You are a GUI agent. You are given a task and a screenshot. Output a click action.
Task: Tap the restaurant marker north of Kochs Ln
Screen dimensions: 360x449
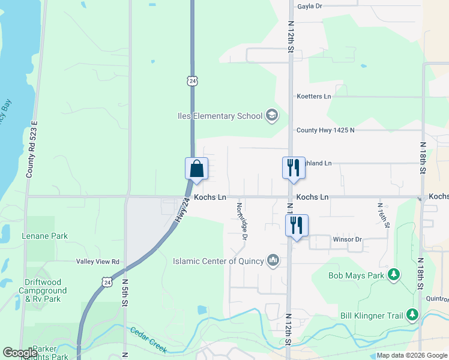tap(294, 167)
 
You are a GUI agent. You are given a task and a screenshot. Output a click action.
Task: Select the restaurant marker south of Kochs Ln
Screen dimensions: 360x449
tap(297, 226)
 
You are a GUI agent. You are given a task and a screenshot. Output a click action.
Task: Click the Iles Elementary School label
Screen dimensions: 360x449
tap(220, 116)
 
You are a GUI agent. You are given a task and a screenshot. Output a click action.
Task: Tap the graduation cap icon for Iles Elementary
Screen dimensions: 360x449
tap(271, 115)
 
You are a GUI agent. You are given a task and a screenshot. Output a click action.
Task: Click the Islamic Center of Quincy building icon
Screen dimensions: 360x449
tap(273, 260)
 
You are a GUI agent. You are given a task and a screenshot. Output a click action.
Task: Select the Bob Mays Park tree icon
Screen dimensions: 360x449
tap(394, 275)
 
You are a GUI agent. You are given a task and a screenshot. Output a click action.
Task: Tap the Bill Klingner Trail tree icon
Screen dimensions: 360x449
tap(412, 314)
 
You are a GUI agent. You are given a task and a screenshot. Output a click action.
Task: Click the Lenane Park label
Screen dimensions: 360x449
tap(45, 236)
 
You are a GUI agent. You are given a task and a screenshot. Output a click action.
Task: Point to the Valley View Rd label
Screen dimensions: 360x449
tap(98, 262)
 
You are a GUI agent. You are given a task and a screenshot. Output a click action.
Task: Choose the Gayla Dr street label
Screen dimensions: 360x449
tap(310, 6)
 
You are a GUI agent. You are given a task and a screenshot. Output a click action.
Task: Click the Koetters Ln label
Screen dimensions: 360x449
tap(313, 96)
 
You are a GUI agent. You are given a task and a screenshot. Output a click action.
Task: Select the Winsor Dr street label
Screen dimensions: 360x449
tap(347, 239)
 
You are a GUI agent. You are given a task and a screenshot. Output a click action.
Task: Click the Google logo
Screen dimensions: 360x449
tap(19, 352)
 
